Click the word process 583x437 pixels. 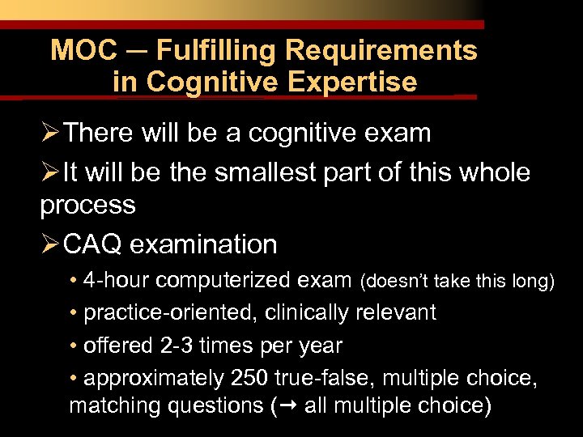pyautogui.click(x=87, y=205)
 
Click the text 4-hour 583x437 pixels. pyautogui.click(x=119, y=280)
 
